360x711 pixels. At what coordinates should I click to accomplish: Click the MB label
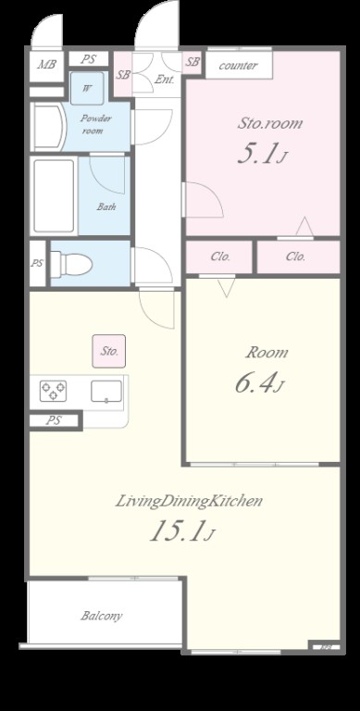coord(47,65)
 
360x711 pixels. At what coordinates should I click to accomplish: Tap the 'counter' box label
coord(239,66)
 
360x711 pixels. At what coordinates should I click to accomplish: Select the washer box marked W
coord(87,89)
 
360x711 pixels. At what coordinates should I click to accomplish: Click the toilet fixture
coord(71,264)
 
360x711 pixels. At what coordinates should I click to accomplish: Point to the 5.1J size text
coord(262,155)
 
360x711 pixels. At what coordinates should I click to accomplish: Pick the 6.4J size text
coord(259,383)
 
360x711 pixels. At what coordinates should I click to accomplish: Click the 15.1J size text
coord(181,530)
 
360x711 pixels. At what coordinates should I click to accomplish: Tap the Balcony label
coord(102,616)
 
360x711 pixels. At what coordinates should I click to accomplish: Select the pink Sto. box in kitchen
coord(109,351)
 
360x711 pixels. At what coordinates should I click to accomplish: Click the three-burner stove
coord(53,391)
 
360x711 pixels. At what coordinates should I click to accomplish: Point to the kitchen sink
coord(106,392)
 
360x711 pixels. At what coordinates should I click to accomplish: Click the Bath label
coord(106,207)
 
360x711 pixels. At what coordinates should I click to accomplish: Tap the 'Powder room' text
coord(95,124)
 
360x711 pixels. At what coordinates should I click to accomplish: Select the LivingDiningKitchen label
coord(189,502)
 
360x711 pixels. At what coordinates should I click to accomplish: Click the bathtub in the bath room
coord(54,196)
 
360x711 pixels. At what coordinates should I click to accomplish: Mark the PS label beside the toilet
coord(37,263)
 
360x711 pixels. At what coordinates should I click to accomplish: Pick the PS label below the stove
coord(54,420)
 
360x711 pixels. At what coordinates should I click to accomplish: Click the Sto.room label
coord(269,123)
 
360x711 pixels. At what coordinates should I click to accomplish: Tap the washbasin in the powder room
coord(48,128)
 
